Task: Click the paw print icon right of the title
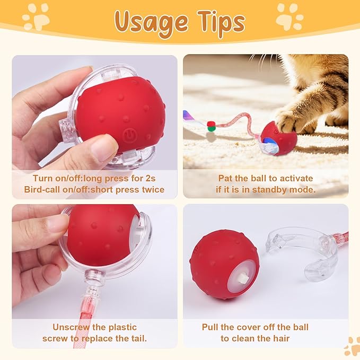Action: [x=290, y=16]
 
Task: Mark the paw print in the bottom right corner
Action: [x=352, y=346]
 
